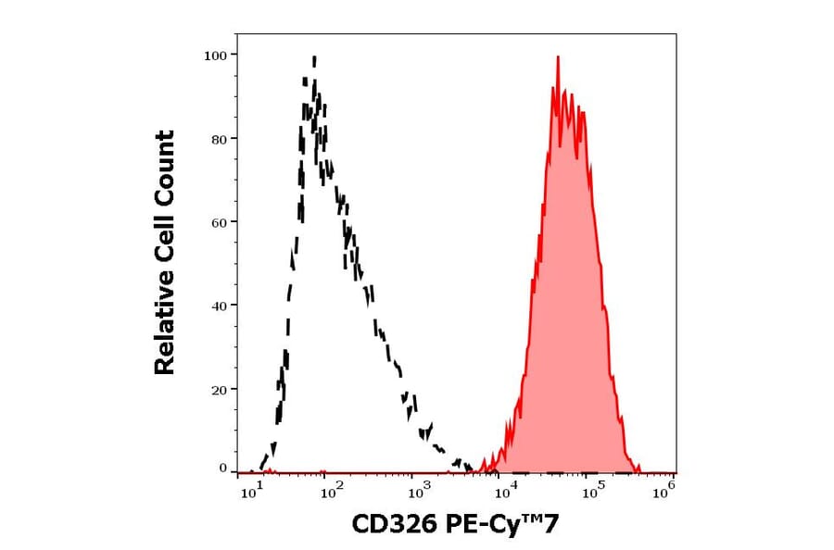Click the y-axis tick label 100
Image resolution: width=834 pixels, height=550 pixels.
215,56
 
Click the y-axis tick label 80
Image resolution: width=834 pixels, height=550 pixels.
218,139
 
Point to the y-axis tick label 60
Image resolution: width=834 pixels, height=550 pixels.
218,222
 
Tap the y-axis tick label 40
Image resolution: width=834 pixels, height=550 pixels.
218,306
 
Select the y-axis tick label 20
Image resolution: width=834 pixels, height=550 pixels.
218,389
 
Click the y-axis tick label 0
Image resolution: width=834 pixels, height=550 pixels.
222,469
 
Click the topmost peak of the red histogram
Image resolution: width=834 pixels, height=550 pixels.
558,57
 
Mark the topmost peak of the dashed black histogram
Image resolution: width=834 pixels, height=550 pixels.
314,58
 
